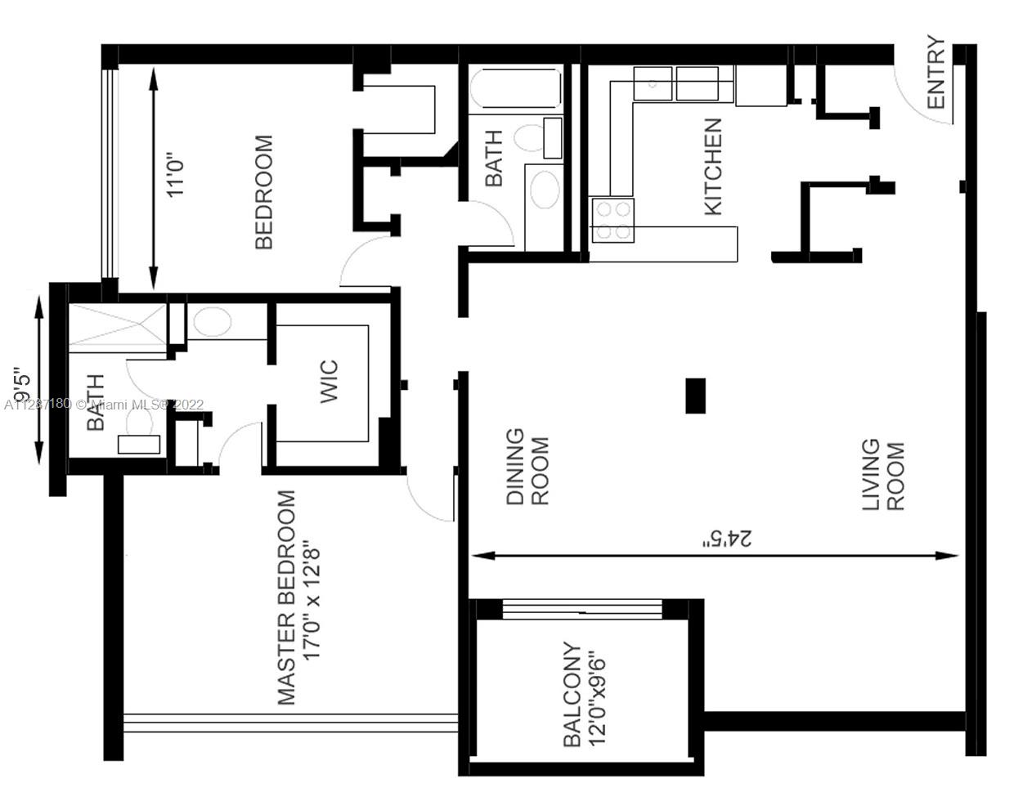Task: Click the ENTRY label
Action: (936, 72)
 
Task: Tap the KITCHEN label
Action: (713, 167)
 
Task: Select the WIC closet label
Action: (329, 382)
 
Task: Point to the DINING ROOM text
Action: (527, 466)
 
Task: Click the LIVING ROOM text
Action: (883, 475)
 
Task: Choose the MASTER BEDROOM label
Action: (286, 597)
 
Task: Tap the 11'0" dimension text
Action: (174, 178)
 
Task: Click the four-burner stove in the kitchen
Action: (612, 221)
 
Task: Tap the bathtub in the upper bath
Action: (516, 88)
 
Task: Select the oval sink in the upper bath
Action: (545, 190)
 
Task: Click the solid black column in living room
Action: (695, 396)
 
